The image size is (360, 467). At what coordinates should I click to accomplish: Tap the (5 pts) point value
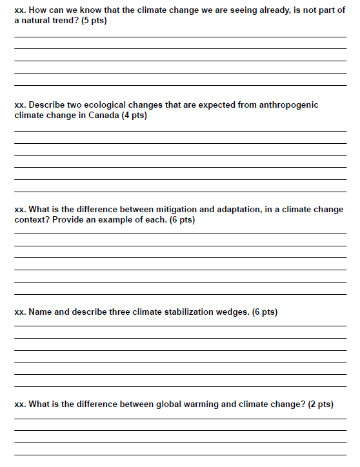(x=95, y=21)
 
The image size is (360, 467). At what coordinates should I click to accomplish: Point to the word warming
(x=205, y=404)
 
